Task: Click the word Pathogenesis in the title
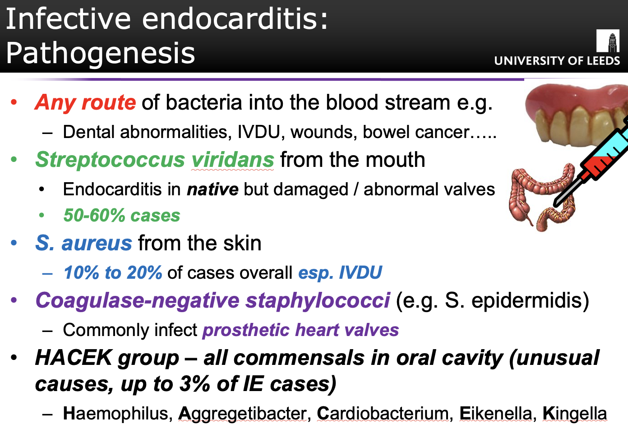coord(100,53)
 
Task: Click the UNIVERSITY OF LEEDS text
coord(557,61)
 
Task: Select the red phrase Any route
coord(86,102)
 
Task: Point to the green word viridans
coord(232,160)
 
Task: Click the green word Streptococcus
coord(110,160)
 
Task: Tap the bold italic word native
coord(213,189)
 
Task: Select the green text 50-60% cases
coord(122,215)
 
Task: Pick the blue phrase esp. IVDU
coord(340,273)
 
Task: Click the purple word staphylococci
coord(318,301)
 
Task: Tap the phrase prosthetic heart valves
coord(301,330)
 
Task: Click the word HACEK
coord(74,358)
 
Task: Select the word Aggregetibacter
coord(243,414)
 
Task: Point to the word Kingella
coord(575,414)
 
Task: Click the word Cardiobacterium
coord(383,414)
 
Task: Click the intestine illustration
coord(541,197)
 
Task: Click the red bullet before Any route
coord(14,102)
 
